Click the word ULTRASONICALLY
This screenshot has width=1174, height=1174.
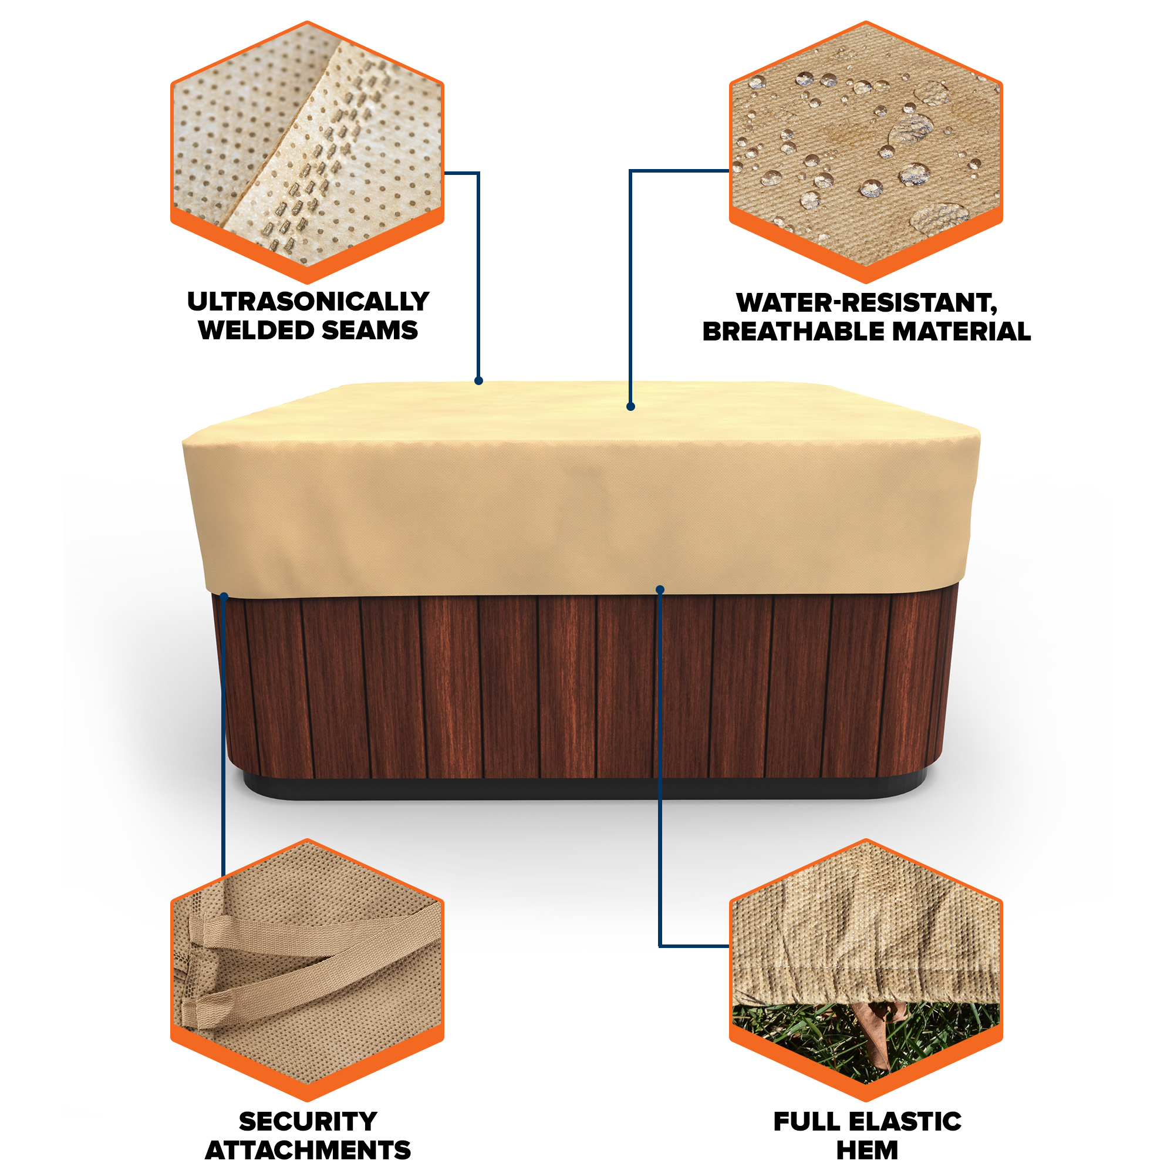[x=308, y=301]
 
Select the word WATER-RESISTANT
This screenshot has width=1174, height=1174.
[x=866, y=303]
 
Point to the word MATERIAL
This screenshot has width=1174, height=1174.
[x=962, y=332]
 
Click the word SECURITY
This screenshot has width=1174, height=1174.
[x=308, y=1122]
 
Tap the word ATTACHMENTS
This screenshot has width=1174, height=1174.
[x=308, y=1151]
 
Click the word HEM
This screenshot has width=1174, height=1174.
[x=867, y=1151]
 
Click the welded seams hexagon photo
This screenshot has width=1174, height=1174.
[x=308, y=152]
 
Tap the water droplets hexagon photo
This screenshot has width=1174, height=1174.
[x=866, y=152]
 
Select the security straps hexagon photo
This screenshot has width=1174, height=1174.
[x=308, y=970]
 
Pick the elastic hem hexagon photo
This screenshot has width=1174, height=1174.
[x=866, y=970]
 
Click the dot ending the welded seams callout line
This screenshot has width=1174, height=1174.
[x=479, y=381]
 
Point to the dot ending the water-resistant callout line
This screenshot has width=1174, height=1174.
[x=631, y=407]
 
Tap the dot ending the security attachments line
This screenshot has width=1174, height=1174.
[x=224, y=598]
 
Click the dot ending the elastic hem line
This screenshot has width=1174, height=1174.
[x=660, y=589]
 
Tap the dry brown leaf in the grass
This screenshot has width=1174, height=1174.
[x=878, y=1033]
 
